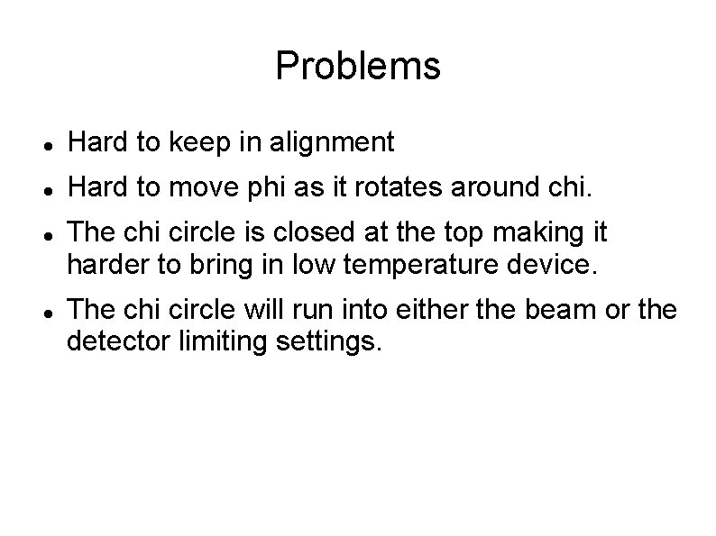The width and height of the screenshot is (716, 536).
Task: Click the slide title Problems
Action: (358, 66)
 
